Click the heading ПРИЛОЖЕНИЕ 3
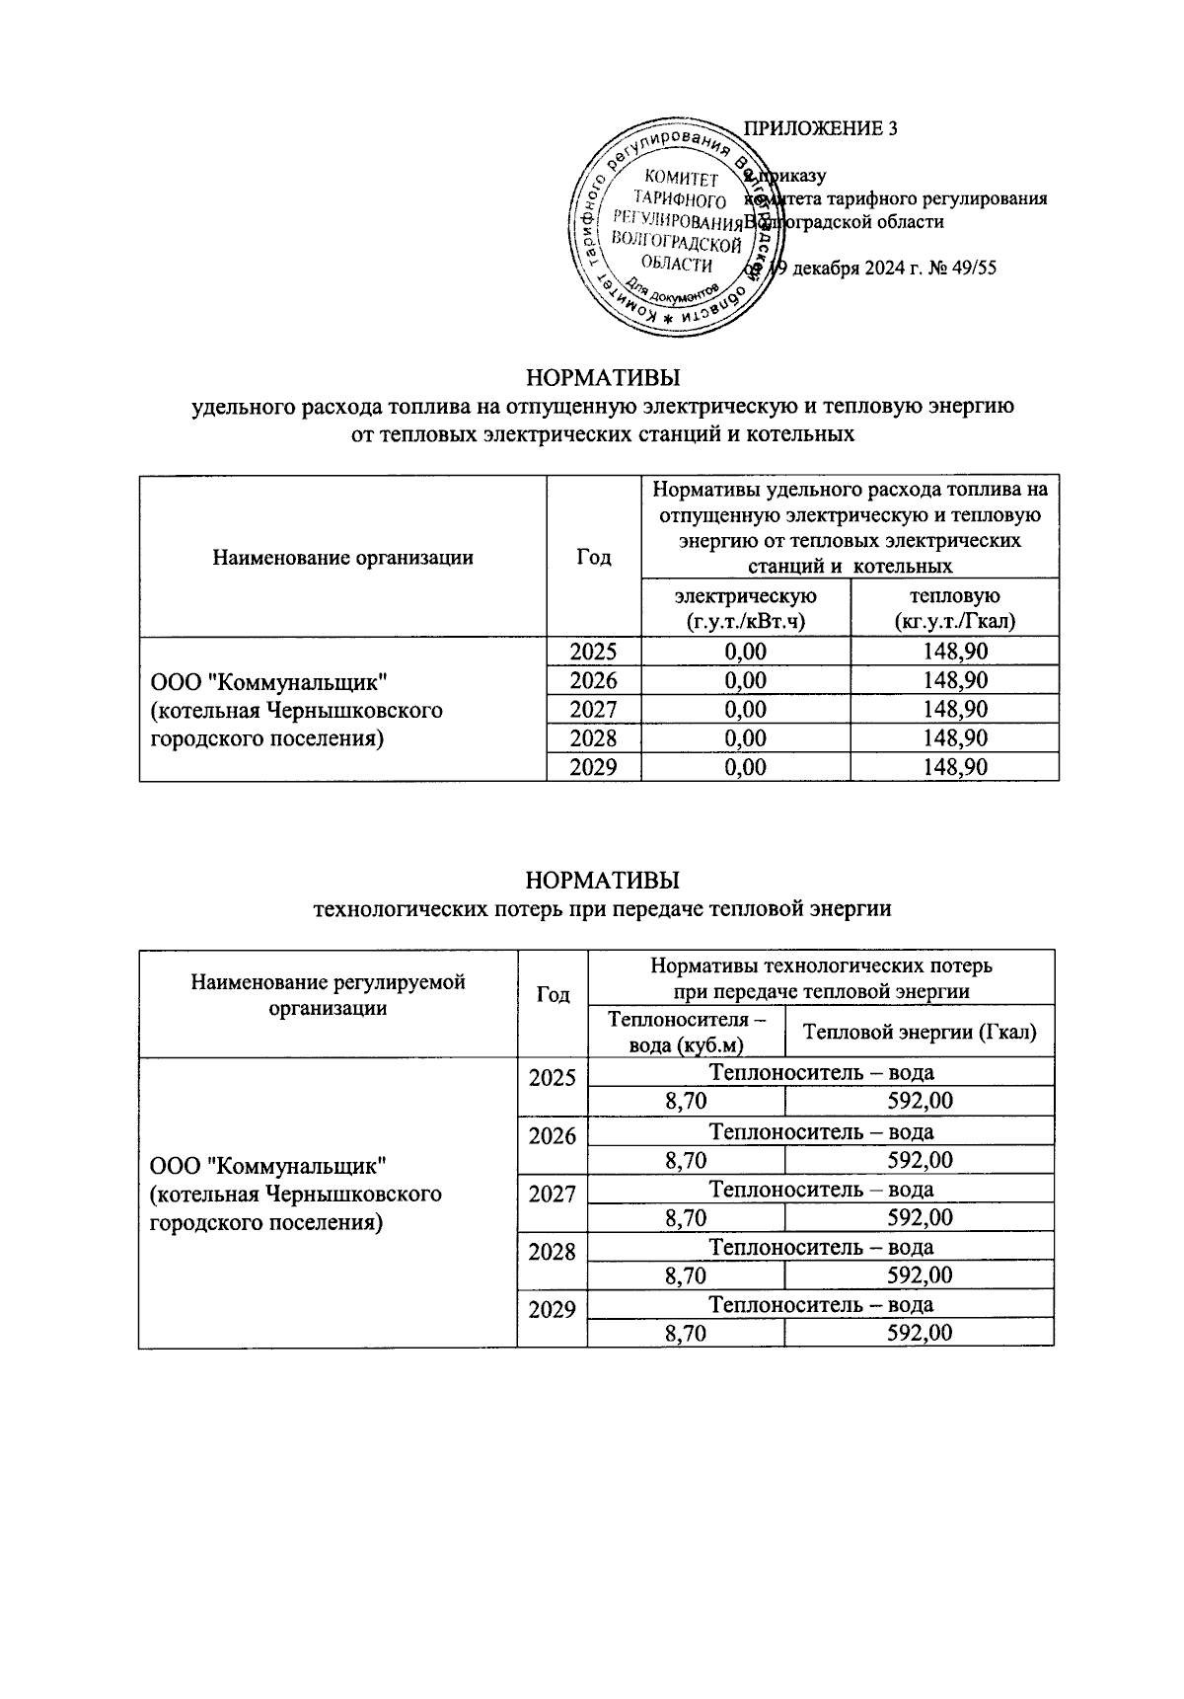820,129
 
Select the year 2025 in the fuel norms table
594,652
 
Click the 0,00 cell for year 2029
745,767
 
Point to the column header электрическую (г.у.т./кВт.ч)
745,608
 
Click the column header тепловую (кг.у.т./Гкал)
954,608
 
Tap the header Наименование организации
342,558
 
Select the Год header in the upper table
594,558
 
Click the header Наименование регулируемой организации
328,995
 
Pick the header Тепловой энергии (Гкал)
920,1033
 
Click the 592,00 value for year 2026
920,1160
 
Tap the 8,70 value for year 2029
686,1334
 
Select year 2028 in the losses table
553,1253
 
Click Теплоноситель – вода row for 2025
821,1073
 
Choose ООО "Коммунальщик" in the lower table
267,1166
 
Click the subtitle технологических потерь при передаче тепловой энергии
602,909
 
